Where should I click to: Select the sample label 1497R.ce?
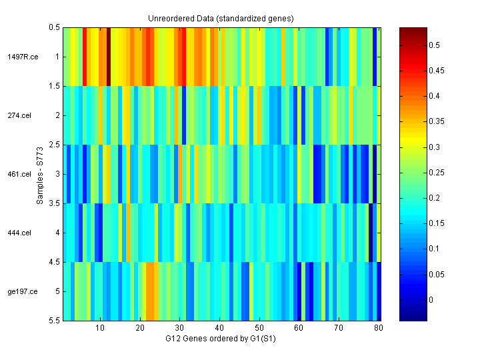(x=23, y=57)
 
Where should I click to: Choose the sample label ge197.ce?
(x=23, y=291)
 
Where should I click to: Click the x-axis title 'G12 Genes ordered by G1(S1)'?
(x=221, y=339)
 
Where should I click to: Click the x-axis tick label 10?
(x=99, y=329)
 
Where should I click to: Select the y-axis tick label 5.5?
(x=53, y=321)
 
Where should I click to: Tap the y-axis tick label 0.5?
(x=53, y=27)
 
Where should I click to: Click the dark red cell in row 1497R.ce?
(x=108, y=57)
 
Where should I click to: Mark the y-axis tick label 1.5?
(x=53, y=86)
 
